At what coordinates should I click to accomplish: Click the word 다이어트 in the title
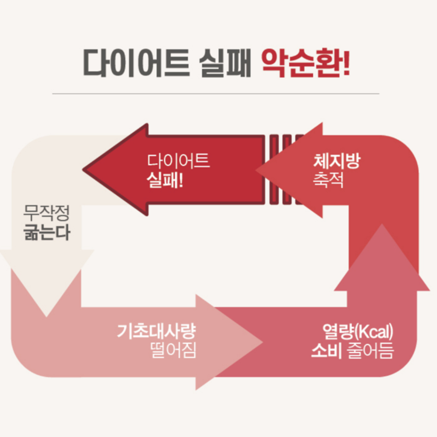(137, 63)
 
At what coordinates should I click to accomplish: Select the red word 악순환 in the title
(300, 63)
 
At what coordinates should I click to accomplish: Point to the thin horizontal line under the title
(216, 94)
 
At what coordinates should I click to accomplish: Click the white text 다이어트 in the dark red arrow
(179, 161)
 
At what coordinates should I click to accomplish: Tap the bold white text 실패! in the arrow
(165, 180)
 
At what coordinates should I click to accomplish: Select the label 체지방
(337, 161)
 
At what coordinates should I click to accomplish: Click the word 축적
(328, 180)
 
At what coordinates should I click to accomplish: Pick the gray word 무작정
(46, 213)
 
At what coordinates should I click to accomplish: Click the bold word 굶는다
(47, 232)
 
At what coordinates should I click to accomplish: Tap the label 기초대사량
(156, 331)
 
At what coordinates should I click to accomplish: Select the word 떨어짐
(173, 350)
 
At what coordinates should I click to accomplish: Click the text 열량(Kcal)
(358, 331)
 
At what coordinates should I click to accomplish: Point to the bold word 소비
(326, 350)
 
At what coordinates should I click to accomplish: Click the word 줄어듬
(370, 350)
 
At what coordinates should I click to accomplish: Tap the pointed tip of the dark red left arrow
(83, 169)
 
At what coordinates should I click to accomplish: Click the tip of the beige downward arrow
(47, 317)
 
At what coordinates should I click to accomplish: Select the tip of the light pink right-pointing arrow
(262, 342)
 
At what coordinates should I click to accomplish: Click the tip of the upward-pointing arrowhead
(382, 224)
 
